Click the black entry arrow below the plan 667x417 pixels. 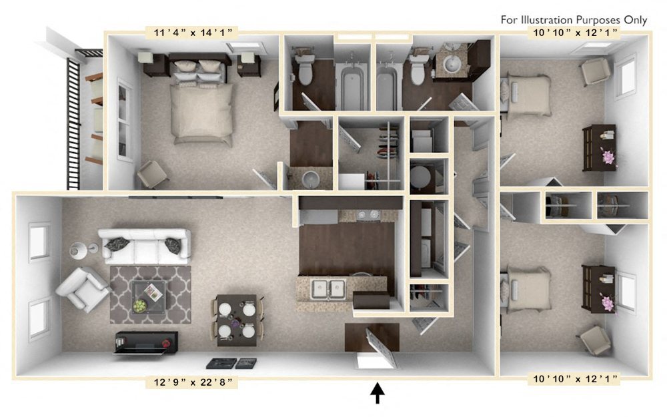pos(378,394)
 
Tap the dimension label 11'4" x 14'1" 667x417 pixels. pos(191,31)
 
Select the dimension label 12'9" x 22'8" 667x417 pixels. pos(191,383)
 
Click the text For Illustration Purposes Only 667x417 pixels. pos(574,19)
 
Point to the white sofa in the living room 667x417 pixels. pos(143,246)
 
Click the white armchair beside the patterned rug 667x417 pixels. pos(82,288)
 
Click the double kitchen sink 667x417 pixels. pos(328,289)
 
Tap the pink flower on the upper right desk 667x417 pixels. pos(608,157)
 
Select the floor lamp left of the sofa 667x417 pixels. pos(79,251)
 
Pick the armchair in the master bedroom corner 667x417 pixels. pos(153,175)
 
